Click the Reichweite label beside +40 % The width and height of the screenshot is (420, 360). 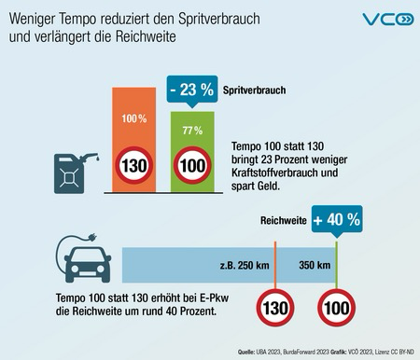284,222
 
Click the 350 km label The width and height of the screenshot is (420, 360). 315,264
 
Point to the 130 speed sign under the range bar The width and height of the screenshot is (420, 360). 276,309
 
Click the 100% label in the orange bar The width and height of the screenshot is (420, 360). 133,120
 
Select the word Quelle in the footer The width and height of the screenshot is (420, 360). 250,353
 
